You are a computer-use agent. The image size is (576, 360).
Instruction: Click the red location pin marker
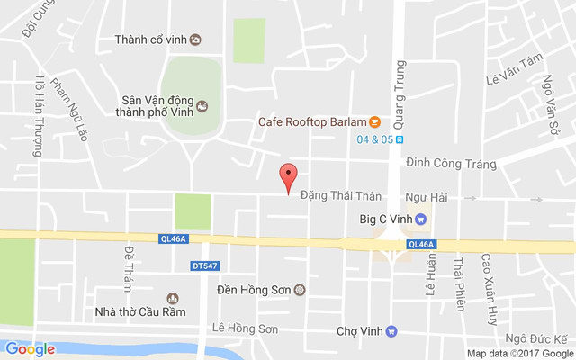[287, 177]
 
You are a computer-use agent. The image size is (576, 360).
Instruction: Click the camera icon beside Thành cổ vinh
[195, 39]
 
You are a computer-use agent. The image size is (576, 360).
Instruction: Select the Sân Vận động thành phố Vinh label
[157, 107]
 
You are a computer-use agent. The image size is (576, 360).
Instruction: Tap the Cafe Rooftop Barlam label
[311, 122]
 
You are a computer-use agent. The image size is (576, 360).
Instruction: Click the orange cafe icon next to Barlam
[374, 122]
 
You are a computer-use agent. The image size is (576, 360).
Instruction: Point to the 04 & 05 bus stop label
[374, 139]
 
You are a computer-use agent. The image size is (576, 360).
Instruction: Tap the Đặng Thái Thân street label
[341, 195]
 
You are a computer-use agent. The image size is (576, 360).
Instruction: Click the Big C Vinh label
[385, 217]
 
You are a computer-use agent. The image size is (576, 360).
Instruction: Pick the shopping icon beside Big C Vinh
[419, 217]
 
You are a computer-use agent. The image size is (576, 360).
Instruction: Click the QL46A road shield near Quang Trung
[420, 244]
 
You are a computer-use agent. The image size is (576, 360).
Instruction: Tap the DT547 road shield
[206, 265]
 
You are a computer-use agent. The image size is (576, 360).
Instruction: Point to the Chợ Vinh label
[359, 330]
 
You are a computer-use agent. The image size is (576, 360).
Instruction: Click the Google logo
[30, 349]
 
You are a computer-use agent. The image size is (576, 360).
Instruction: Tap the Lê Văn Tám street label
[516, 82]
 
